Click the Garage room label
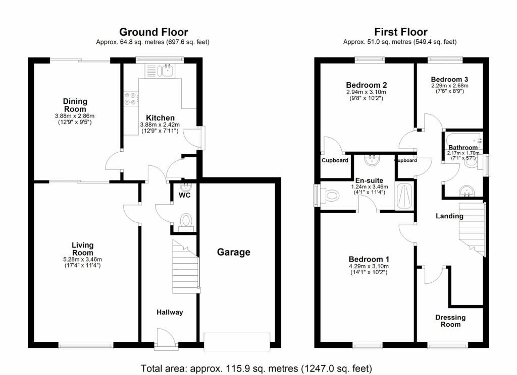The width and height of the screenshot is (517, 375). coord(233,252)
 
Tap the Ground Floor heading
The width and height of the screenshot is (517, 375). coord(153,32)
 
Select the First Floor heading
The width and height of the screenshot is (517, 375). coord(400,32)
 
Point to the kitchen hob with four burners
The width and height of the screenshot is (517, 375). coord(131,99)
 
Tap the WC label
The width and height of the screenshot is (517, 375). coord(185,195)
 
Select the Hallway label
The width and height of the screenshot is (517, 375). coord(170,312)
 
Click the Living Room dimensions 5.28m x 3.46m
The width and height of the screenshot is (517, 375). coord(82,259)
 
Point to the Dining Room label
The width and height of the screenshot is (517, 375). coord(75,105)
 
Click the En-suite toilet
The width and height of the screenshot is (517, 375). coord(330,196)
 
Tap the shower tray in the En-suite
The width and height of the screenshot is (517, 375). coord(404,196)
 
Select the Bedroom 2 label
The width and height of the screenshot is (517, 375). coord(367,85)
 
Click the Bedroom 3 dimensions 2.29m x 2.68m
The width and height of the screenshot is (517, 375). coord(450,86)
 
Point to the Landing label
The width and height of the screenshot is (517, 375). coord(449,216)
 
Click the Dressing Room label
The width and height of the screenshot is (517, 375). coord(450,321)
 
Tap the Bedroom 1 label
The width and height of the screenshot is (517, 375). coord(369,259)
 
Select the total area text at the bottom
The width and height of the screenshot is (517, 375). coord(256,368)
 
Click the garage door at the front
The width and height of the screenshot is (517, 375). coord(237,341)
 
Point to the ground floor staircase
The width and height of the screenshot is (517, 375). coord(186,267)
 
